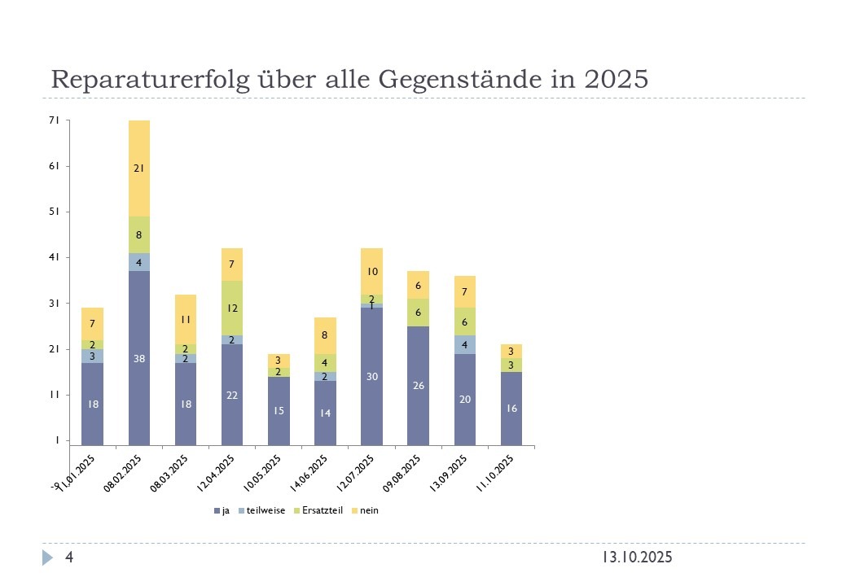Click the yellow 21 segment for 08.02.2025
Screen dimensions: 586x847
pos(139,168)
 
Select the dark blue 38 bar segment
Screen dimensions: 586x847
pos(139,358)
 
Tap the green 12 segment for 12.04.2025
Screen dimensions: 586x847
pos(232,308)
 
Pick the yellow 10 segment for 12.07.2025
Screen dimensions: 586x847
pos(371,271)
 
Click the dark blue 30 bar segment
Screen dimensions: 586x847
pos(371,376)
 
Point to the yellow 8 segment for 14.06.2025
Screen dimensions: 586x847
pos(325,335)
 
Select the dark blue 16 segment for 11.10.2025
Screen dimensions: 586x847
pos(511,409)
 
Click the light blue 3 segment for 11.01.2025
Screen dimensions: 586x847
pos(93,356)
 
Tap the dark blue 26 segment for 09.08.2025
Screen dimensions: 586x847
pos(418,385)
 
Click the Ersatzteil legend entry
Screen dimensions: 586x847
pos(322,511)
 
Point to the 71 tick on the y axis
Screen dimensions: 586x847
pos(55,120)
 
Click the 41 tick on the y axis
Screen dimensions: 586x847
pos(55,258)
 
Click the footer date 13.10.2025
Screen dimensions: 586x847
pos(637,558)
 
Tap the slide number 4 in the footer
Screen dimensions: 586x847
pos(70,558)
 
